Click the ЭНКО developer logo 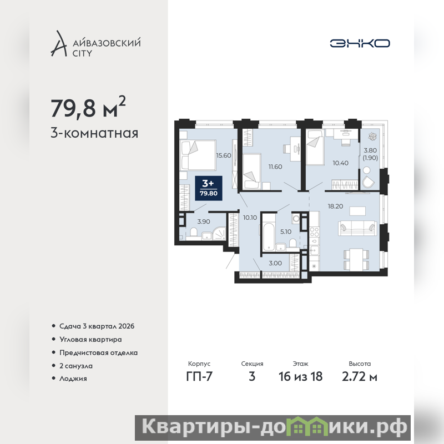[360, 43]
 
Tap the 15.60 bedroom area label [224, 155]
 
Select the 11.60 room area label [275, 167]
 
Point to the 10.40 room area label [340, 163]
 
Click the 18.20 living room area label [335, 206]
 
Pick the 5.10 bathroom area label [286, 232]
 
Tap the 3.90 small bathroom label [204, 221]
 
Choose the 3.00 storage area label [275, 263]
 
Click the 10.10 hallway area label [250, 218]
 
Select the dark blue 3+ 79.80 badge [209, 188]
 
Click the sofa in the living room [357, 228]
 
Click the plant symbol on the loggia [371, 137]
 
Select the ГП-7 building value [199, 377]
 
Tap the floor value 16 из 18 [300, 377]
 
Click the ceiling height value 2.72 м [360, 377]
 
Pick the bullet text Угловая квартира [90, 340]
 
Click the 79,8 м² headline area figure [88, 107]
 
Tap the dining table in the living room [356, 259]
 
